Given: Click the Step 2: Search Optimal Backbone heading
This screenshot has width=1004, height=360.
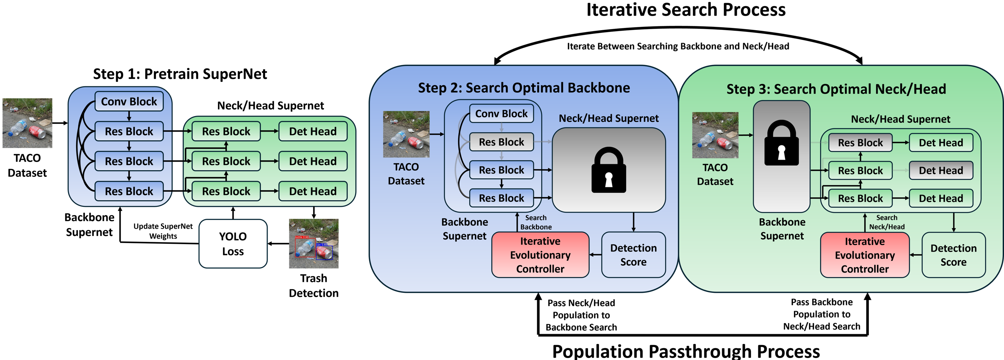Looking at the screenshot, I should [x=524, y=88].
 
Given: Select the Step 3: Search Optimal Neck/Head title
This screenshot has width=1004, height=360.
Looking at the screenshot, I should [x=836, y=89].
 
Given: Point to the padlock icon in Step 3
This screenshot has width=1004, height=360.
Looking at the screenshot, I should [x=782, y=143].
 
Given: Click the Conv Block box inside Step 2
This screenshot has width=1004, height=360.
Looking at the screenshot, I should [x=501, y=114].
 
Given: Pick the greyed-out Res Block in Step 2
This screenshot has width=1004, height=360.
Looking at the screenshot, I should [x=501, y=142].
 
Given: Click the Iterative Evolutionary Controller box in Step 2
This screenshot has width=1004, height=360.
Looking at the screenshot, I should [x=540, y=255].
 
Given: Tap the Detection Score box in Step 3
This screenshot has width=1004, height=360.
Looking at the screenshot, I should [x=953, y=255].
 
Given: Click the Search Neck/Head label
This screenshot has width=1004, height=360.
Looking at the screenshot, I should [x=887, y=222].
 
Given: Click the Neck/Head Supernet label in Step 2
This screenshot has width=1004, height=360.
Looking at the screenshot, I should [x=608, y=118].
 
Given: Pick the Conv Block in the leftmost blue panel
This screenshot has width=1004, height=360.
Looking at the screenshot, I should [x=129, y=102].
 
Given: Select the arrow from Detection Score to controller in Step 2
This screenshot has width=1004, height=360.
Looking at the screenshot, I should [x=595, y=255].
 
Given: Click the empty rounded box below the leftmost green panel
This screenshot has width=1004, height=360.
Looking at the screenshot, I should [x=233, y=243].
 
